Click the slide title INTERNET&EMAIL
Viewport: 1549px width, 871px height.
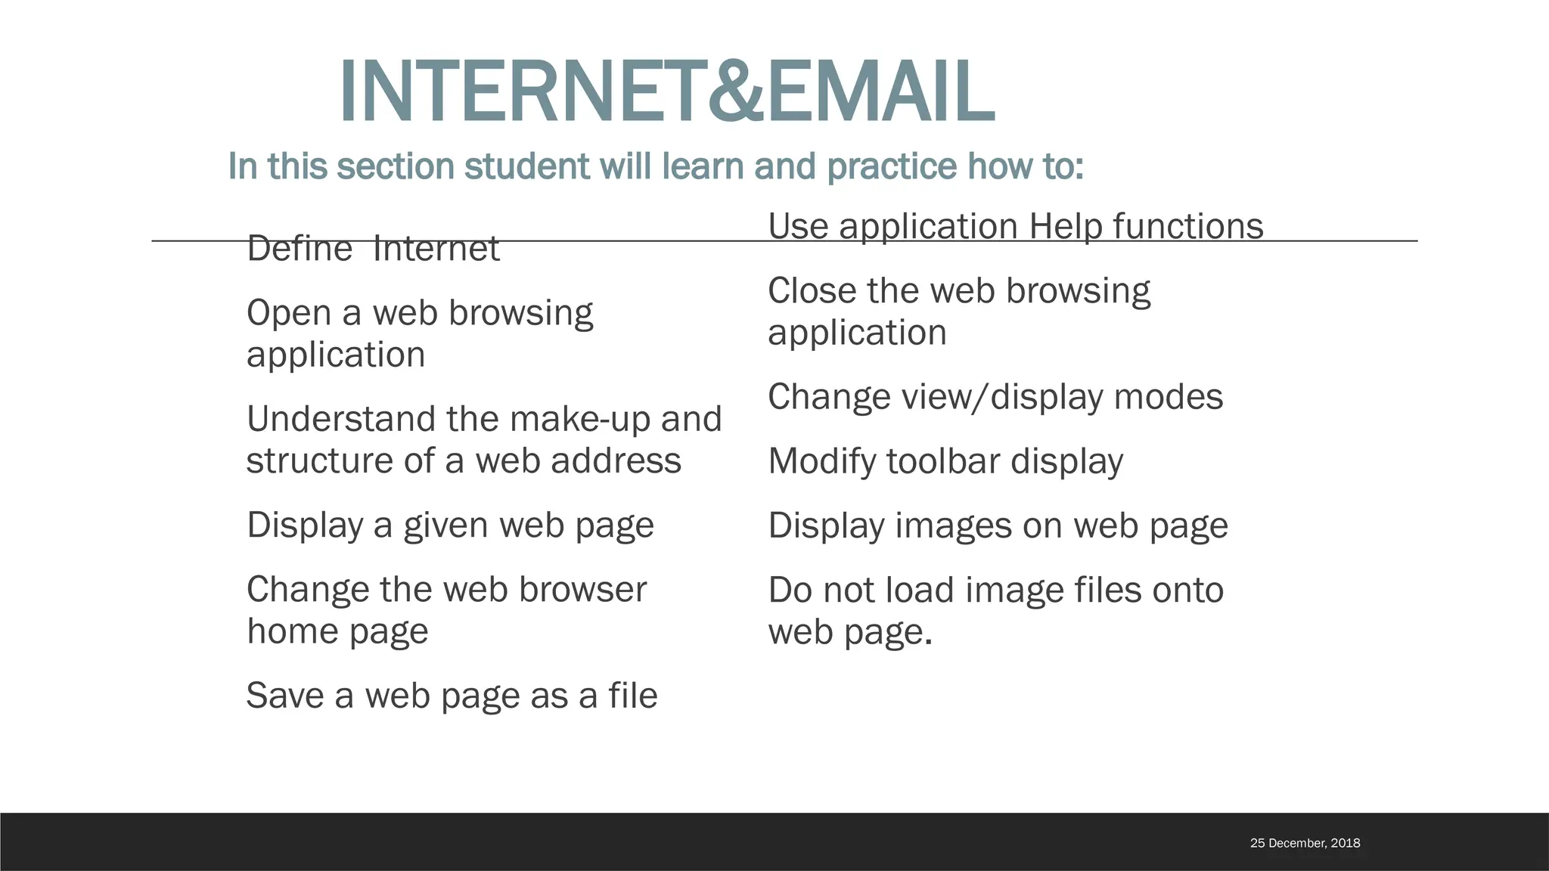coord(666,91)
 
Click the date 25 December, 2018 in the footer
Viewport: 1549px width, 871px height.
coord(1305,843)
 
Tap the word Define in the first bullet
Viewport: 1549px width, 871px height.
coord(300,249)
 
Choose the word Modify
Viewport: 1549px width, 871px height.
coord(822,461)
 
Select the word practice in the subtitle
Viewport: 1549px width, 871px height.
coord(892,166)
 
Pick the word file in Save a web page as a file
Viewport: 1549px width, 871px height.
coord(633,696)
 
